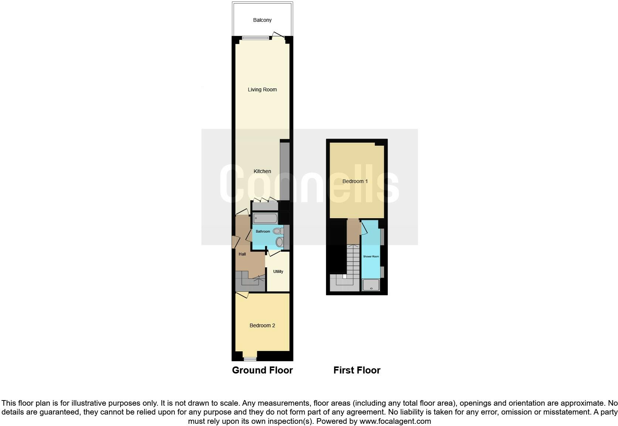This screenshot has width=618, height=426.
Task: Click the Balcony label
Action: (x=262, y=20)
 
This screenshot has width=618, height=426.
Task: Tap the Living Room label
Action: (x=262, y=89)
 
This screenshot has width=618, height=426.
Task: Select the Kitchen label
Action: (x=262, y=171)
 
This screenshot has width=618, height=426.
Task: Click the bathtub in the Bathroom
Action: (x=265, y=218)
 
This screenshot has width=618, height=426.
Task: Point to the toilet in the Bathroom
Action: (x=278, y=231)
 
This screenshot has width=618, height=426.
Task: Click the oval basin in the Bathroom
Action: (x=279, y=242)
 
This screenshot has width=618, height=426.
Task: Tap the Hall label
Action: (x=242, y=254)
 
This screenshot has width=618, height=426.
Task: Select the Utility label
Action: (x=278, y=271)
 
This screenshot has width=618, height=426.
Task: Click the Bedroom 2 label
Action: (x=262, y=325)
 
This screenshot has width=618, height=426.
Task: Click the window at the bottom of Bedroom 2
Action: (x=250, y=359)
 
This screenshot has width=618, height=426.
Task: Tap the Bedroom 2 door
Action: (x=242, y=295)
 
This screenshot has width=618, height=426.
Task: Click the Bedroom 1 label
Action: (x=355, y=181)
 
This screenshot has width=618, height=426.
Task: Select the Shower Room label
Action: (x=371, y=256)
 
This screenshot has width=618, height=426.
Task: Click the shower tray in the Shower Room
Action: (x=371, y=285)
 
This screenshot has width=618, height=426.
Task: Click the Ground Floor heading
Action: (x=262, y=370)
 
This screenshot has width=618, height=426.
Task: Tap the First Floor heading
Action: (x=357, y=370)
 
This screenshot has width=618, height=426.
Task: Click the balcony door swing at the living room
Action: (x=278, y=35)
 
